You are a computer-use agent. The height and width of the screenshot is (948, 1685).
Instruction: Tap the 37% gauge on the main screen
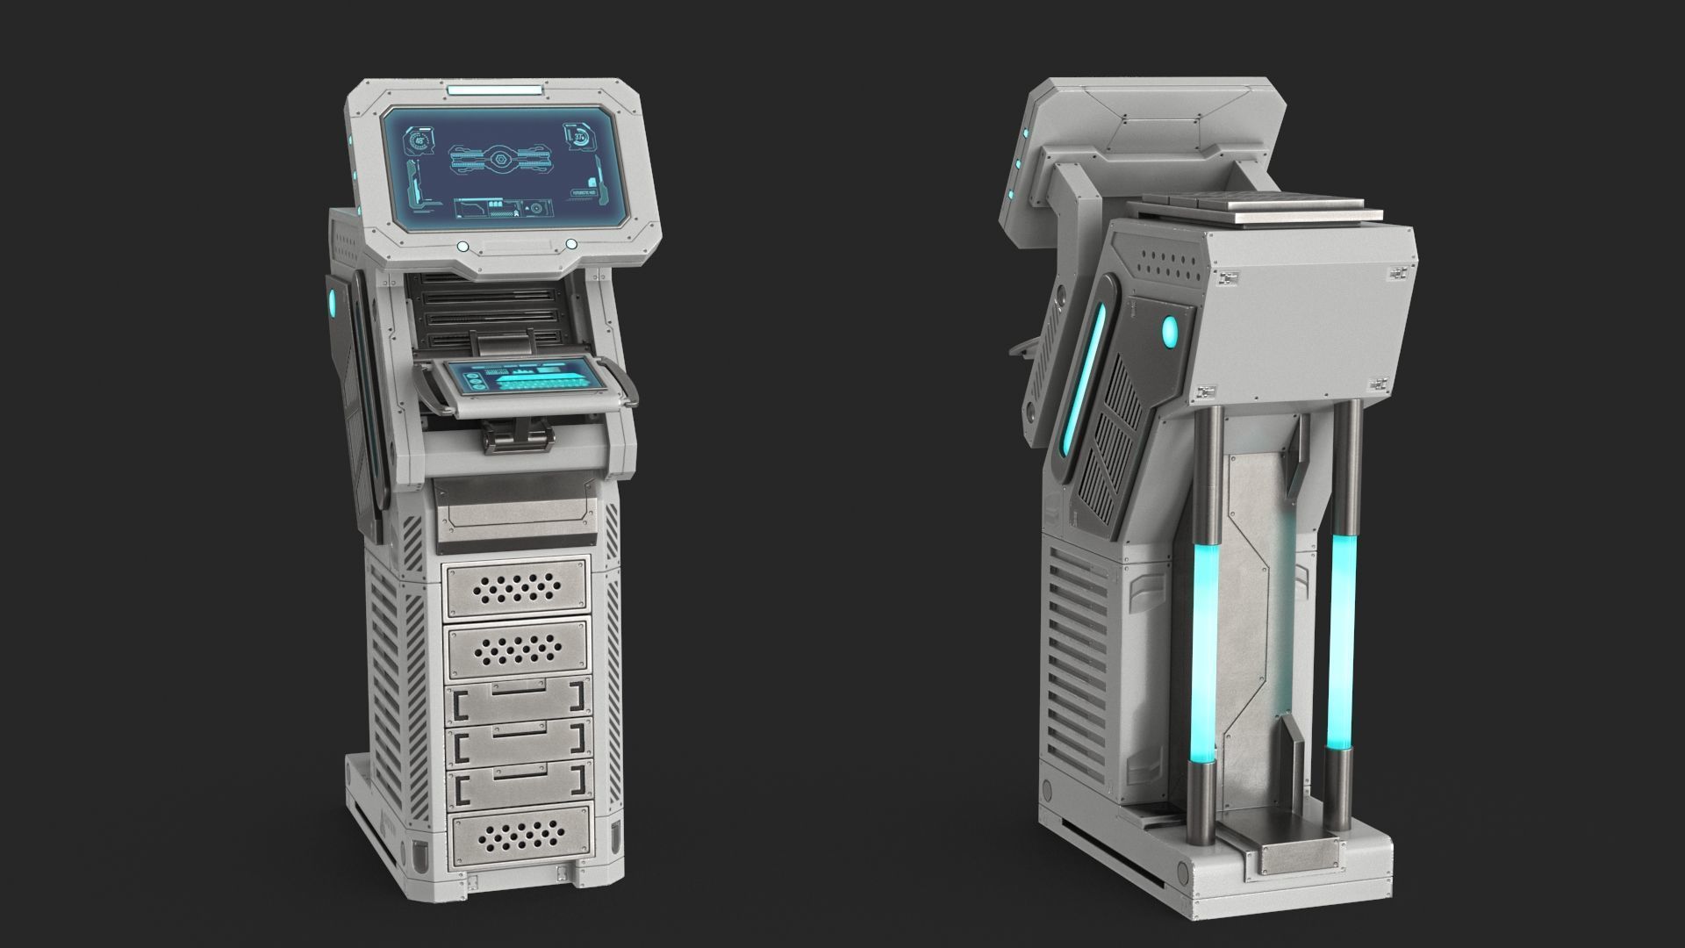click(x=580, y=137)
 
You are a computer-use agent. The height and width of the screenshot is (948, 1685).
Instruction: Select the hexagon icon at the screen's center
click(x=499, y=161)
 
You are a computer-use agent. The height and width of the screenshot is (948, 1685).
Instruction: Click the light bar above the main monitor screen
click(x=495, y=90)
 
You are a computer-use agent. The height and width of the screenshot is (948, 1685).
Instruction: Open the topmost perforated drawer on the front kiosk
click(x=516, y=586)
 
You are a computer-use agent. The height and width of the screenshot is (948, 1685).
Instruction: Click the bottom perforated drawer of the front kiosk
click(x=516, y=837)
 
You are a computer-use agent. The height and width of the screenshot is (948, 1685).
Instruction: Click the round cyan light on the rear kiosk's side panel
click(x=1171, y=331)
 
